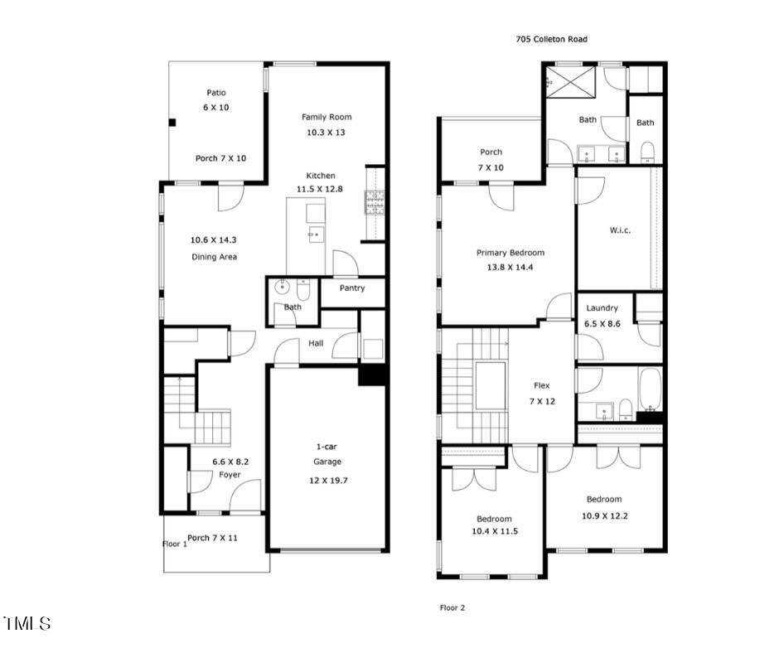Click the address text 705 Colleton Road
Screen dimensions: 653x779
[x=551, y=39]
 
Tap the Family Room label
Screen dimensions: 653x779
[x=327, y=117]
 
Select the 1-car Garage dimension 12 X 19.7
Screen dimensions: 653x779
[x=327, y=479]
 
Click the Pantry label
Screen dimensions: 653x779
[x=352, y=288]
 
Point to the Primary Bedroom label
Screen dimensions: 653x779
[x=510, y=253]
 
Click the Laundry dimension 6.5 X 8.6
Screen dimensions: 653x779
[x=602, y=325]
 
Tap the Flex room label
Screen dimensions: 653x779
[x=542, y=385]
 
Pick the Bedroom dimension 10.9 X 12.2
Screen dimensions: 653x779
[x=604, y=514]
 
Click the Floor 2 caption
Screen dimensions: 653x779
[x=452, y=607]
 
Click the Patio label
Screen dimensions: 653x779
[x=215, y=93]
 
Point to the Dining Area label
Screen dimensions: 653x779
[x=215, y=257]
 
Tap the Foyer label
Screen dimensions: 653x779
[x=230, y=475]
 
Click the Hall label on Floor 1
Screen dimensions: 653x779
[x=316, y=343]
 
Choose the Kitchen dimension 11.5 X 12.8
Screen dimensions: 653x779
[x=321, y=189]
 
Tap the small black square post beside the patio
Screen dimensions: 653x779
[x=172, y=123]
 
